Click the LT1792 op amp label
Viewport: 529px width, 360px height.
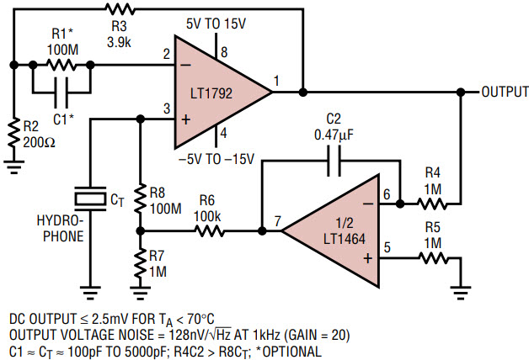211,93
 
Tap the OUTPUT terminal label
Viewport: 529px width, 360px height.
505,92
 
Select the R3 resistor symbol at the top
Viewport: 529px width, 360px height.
120,9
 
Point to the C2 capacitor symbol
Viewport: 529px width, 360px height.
334,161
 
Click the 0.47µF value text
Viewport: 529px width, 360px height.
334,135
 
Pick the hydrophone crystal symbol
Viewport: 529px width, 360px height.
90,199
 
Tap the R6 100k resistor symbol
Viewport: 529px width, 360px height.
209,231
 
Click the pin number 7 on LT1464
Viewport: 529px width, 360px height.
277,221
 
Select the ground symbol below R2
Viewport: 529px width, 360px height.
13,167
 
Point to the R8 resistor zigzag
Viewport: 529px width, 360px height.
141,199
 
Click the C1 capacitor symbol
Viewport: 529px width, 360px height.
61,92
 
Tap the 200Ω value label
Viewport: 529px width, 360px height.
39,142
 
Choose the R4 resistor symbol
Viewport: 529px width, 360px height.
432,204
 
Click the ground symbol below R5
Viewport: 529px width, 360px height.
461,293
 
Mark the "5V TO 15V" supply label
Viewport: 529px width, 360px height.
216,24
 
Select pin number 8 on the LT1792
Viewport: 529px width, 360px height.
224,52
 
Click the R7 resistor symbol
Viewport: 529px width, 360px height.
141,263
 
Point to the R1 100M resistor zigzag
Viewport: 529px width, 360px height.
61,65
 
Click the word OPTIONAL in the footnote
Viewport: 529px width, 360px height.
291,352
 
